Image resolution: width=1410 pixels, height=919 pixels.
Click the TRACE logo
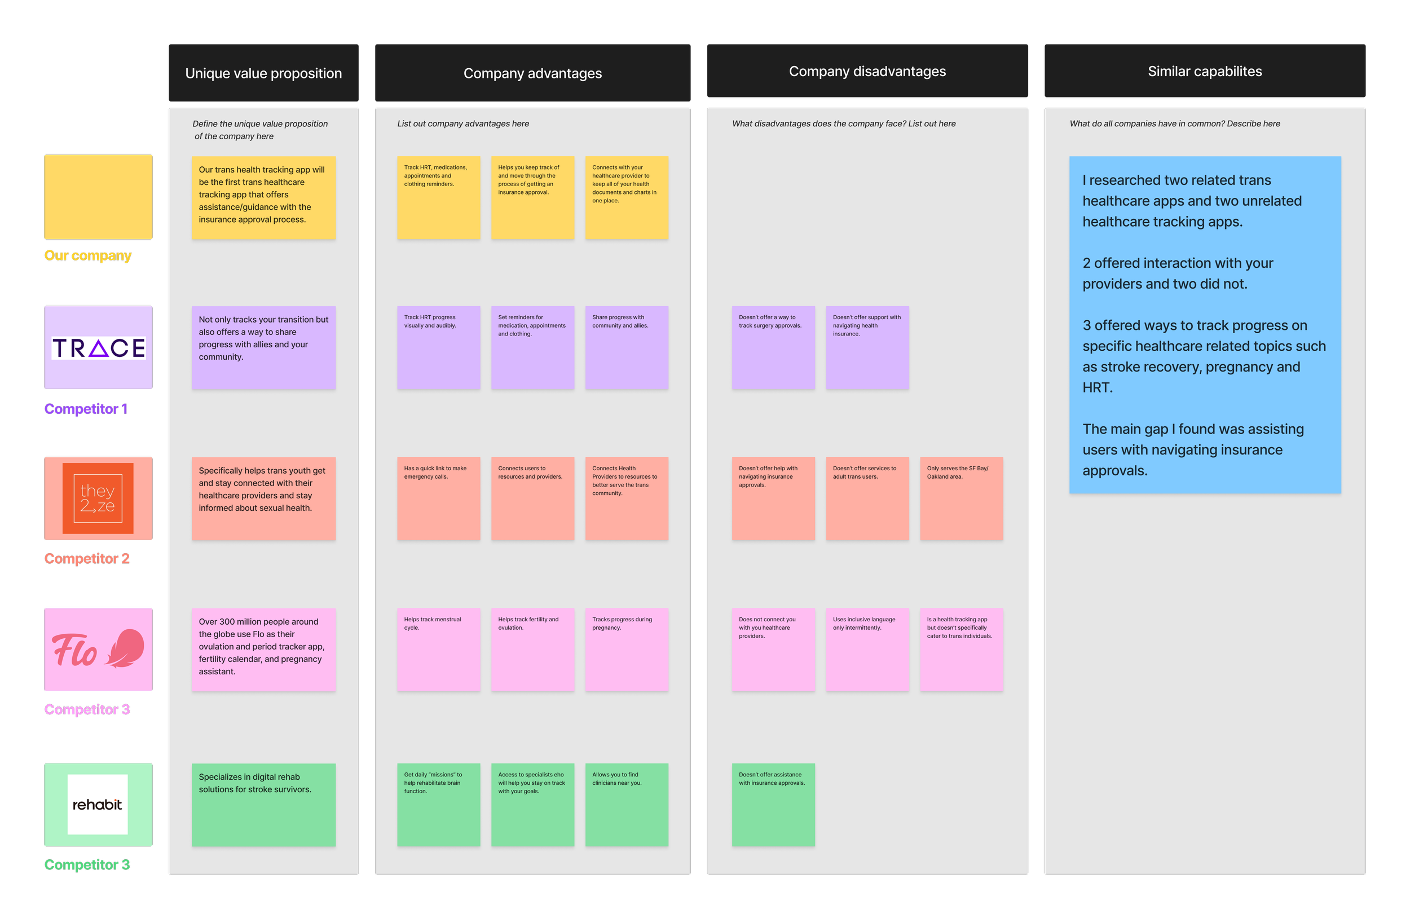pos(98,348)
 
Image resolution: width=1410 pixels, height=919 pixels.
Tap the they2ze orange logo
pos(98,498)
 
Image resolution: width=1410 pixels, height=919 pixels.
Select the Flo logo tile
pos(98,650)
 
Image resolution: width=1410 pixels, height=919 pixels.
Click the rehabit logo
pos(98,804)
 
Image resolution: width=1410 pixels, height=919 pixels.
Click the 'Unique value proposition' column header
pos(263,73)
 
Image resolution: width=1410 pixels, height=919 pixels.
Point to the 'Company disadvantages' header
pos(867,72)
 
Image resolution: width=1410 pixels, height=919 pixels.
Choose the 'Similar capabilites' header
pos(1205,72)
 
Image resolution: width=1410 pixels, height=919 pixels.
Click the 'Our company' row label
pos(87,256)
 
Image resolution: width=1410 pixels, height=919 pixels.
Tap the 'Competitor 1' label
pos(86,409)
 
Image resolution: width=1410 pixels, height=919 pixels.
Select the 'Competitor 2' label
pos(86,558)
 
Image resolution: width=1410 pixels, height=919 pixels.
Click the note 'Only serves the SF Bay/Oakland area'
pos(961,498)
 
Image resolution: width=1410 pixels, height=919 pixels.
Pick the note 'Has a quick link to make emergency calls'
pos(438,498)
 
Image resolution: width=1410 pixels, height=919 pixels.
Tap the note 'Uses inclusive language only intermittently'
pos(867,650)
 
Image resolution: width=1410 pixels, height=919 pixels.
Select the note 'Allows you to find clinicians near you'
pos(626,804)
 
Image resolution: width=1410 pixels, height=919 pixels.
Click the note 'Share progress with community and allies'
pos(626,348)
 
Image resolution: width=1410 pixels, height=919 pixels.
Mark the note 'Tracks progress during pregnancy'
pos(626,650)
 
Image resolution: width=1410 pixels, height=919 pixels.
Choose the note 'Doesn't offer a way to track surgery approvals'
pos(773,348)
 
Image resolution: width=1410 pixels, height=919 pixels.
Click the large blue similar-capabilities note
pos(1205,325)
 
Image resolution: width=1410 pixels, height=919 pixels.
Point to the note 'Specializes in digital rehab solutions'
pos(263,804)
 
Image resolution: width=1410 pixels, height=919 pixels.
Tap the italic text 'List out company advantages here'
pos(462,124)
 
